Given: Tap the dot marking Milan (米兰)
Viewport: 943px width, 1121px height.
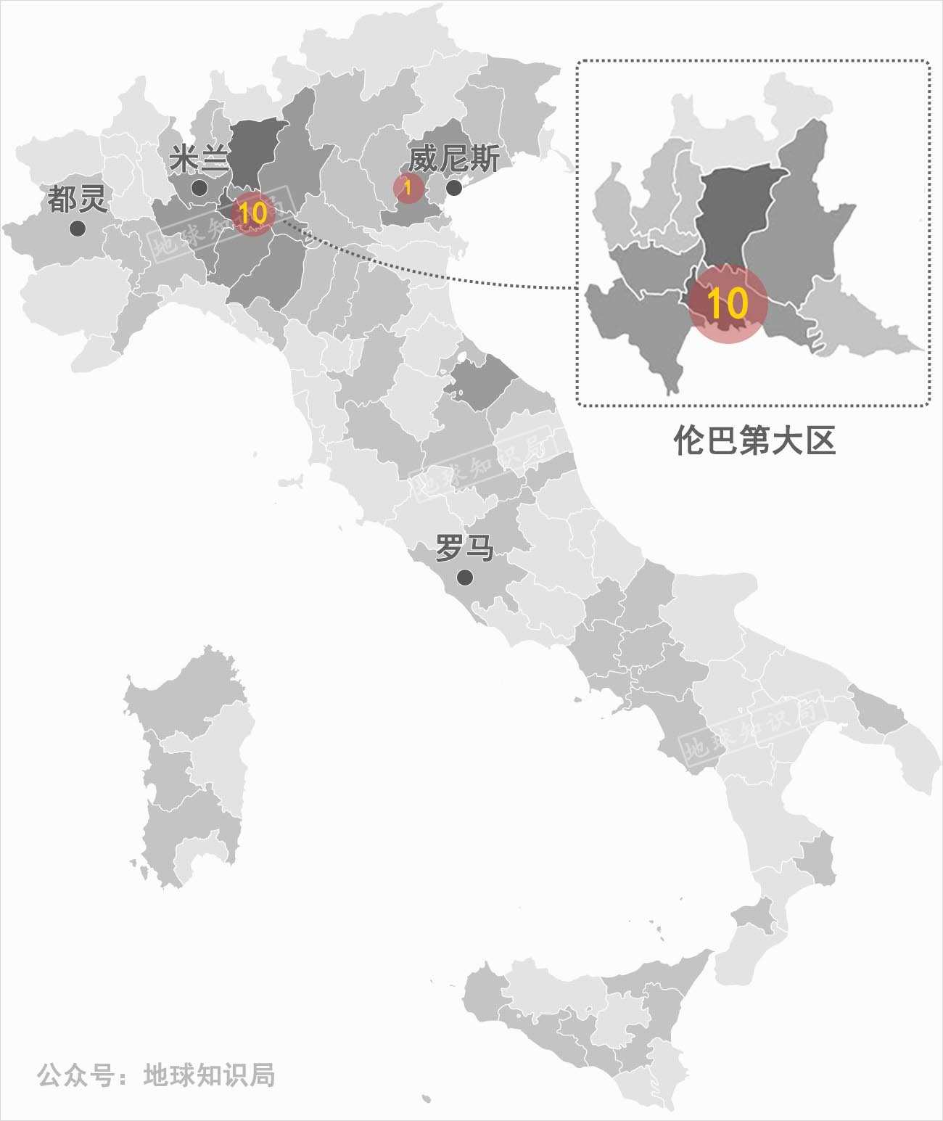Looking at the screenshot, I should (199, 188).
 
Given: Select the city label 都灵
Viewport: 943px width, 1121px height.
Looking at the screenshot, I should (77, 199).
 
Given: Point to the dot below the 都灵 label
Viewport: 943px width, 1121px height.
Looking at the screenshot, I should (78, 229).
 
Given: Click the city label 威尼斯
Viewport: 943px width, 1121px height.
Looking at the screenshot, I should (453, 158).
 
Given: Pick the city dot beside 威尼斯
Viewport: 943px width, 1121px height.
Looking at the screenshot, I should (454, 189).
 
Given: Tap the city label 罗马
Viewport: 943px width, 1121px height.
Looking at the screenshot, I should (464, 548).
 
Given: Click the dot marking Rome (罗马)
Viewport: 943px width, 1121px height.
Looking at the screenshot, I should (465, 578).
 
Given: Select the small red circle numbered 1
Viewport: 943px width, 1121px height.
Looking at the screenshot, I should (408, 188).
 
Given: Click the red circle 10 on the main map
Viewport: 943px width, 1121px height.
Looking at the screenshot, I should (253, 213).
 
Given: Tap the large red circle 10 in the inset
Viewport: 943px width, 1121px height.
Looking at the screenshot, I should (727, 303).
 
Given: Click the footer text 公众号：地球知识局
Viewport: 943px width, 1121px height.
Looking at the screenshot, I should (156, 1075).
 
